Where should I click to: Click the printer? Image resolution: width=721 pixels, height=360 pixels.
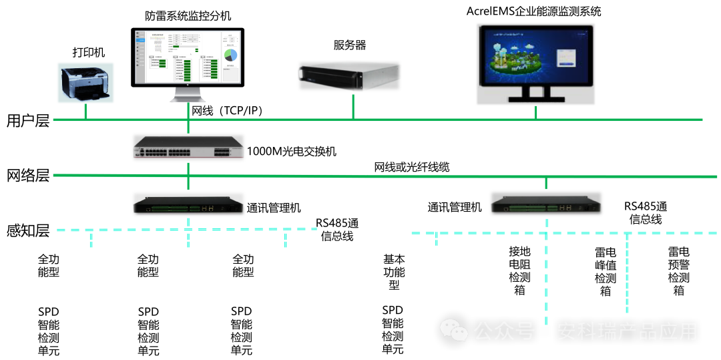(85, 83)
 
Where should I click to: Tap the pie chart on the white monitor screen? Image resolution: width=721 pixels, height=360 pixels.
(231, 55)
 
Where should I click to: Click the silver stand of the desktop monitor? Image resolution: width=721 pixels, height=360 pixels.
(188, 95)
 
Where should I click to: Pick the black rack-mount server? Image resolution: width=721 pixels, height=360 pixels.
(349, 75)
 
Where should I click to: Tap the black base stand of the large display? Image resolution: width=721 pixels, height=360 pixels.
(535, 96)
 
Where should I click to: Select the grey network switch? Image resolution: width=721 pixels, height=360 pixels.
(188, 147)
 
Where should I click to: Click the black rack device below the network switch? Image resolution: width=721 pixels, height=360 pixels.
(188, 204)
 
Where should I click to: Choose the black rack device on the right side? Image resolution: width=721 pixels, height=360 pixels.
(546, 203)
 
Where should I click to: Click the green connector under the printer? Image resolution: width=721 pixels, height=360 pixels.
(85, 112)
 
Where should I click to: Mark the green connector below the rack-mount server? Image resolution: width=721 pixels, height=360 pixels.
(353, 107)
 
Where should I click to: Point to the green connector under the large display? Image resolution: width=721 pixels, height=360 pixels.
(535, 113)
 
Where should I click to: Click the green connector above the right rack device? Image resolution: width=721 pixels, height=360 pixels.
(546, 183)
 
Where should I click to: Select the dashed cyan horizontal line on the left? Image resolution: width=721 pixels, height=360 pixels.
(187, 230)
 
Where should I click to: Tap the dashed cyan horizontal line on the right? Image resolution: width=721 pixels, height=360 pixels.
(564, 233)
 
